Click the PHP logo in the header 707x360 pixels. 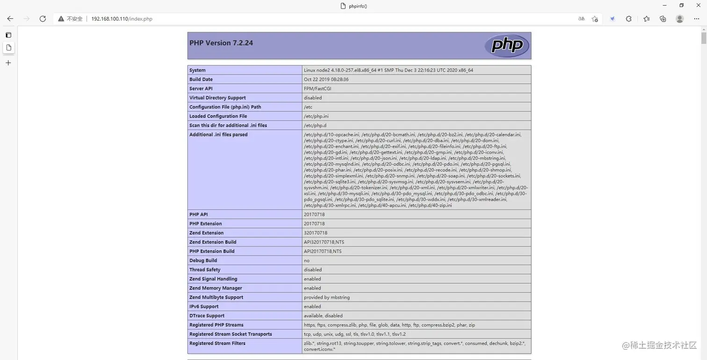pyautogui.click(x=507, y=45)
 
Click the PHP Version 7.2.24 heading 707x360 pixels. pyautogui.click(x=221, y=43)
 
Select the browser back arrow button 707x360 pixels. pyautogui.click(x=10, y=19)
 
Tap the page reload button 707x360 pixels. pyautogui.click(x=43, y=19)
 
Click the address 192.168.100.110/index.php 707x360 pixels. pyautogui.click(x=122, y=19)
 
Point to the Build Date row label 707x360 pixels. pyautogui.click(x=201, y=79)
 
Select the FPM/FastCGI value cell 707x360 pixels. pyautogui.click(x=317, y=88)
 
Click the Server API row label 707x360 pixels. pyautogui.click(x=201, y=88)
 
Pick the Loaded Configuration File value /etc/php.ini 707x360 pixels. pyautogui.click(x=316, y=116)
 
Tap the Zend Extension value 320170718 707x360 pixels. pyautogui.click(x=316, y=233)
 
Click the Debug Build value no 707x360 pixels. pyautogui.click(x=307, y=260)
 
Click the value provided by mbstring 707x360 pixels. pyautogui.click(x=327, y=297)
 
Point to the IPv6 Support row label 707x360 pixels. pyautogui.click(x=204, y=307)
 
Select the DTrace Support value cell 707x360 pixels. pyautogui.click(x=323, y=316)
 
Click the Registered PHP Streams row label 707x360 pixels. pyautogui.click(x=216, y=325)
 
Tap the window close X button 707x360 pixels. pyautogui.click(x=698, y=5)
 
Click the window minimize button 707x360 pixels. pyautogui.click(x=665, y=5)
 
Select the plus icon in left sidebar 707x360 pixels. pyautogui.click(x=8, y=63)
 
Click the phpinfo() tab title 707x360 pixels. pyautogui.click(x=358, y=6)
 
